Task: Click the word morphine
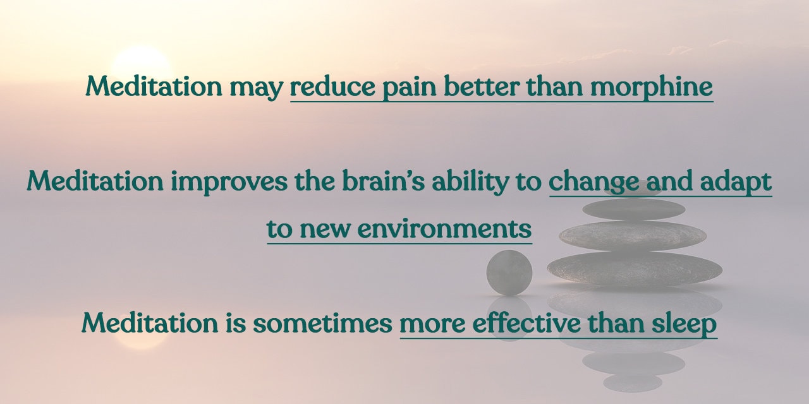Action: tap(652, 87)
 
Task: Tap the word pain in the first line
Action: tap(409, 88)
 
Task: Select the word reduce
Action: tap(332, 86)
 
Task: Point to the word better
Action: tap(482, 86)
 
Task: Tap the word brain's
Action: tap(383, 181)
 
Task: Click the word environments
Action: tap(444, 229)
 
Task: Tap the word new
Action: tap(325, 230)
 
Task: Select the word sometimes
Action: tap(322, 324)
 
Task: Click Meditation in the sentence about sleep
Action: tap(150, 323)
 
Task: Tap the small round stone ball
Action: tap(509, 273)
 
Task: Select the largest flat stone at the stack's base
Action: tap(635, 269)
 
